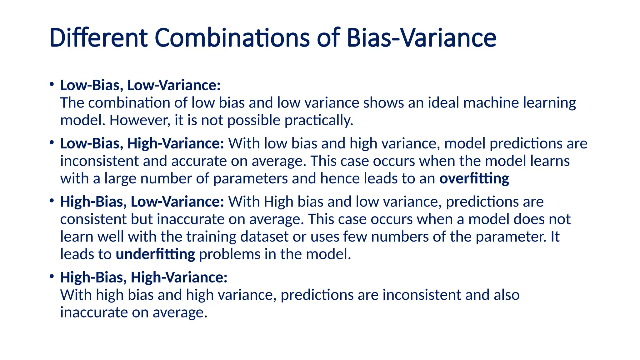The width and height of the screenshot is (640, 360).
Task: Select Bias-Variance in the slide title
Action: [421, 38]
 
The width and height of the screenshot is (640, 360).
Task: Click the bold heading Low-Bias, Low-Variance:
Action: [140, 85]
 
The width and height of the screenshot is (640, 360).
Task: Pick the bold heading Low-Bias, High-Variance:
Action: [142, 143]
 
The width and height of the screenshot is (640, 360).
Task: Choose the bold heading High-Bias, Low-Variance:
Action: [142, 202]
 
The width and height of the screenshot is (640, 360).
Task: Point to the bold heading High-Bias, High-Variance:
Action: [144, 277]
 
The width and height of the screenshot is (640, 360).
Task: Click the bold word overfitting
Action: [474, 178]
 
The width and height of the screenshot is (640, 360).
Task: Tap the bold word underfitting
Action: [155, 254]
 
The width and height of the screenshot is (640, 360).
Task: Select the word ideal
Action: [443, 103]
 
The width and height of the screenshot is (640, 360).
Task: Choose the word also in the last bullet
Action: [507, 295]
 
